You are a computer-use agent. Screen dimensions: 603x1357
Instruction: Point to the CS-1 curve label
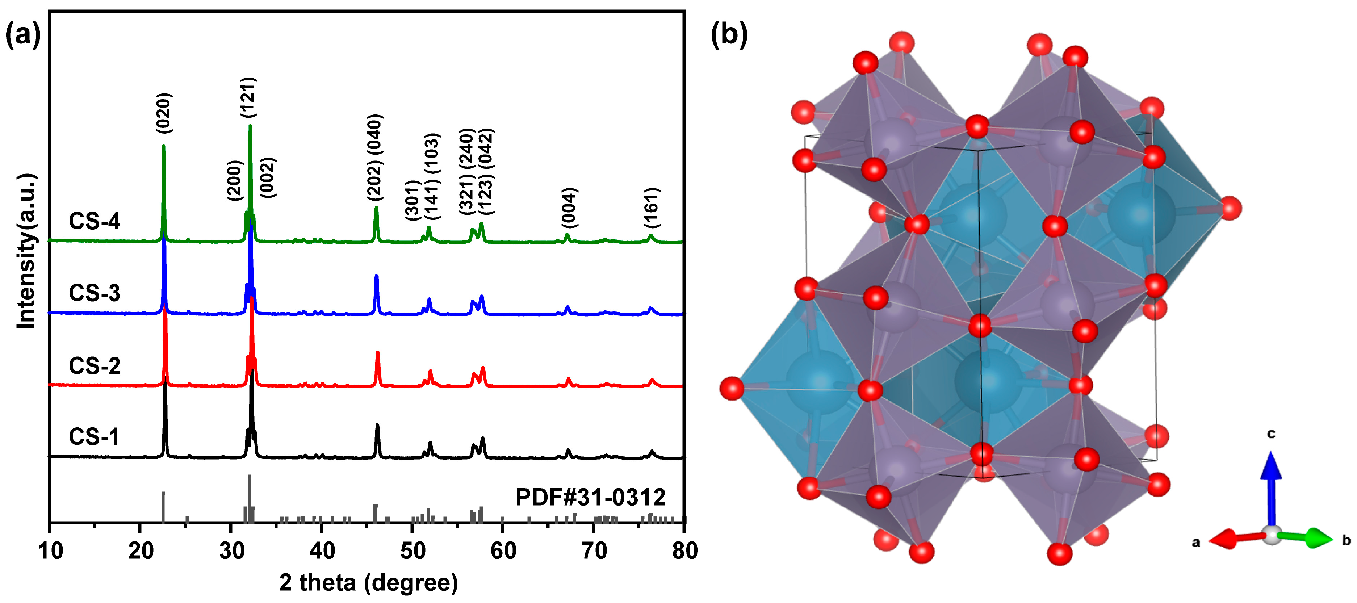94,436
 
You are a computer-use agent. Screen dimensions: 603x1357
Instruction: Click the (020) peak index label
164,113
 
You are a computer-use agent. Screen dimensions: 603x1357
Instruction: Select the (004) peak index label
569,208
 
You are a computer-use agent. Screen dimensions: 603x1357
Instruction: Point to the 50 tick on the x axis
412,551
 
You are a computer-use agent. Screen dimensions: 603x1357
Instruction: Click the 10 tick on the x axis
51,551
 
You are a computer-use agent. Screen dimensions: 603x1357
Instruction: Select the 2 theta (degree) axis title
368,582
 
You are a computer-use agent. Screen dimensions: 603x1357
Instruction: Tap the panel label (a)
22,36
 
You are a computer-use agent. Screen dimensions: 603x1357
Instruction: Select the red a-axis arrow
1235,539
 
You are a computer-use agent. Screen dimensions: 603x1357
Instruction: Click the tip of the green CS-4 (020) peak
163,146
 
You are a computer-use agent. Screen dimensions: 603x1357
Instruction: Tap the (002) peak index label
268,177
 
